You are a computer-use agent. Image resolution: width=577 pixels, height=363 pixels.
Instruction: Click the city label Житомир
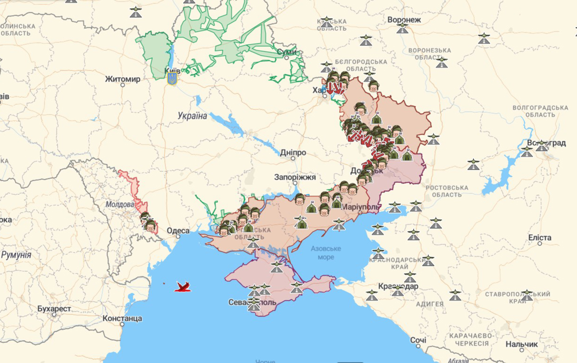[x=122, y=79]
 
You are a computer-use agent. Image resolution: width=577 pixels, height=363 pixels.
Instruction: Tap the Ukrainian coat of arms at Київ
[x=172, y=79]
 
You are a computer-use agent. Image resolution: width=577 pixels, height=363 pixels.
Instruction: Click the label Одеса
[x=178, y=231]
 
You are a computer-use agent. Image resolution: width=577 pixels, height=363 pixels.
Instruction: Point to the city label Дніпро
[x=293, y=153]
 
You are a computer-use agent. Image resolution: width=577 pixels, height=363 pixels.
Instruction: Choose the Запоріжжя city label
[x=295, y=177]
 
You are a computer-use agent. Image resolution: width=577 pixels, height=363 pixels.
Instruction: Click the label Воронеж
[x=404, y=20]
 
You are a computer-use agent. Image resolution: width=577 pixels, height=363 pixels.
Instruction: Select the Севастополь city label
[x=252, y=302]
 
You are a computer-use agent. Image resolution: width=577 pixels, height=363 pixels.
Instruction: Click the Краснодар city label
[x=398, y=286]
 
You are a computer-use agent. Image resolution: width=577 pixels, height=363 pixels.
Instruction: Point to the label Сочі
[x=418, y=340]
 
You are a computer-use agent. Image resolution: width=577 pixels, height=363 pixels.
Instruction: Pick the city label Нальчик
[x=522, y=344]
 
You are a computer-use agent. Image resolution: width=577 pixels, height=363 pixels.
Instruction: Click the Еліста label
[x=540, y=238]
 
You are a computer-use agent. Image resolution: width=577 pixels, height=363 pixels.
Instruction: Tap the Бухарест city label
[x=54, y=309]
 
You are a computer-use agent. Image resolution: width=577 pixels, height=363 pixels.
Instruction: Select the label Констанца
[x=122, y=318]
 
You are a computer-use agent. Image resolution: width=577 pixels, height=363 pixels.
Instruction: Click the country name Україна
[x=192, y=116]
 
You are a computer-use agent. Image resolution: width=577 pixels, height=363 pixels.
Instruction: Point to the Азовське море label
[x=326, y=253]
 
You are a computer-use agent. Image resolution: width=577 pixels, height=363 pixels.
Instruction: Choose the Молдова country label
[x=120, y=205]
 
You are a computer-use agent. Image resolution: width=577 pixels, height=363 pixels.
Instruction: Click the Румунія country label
[x=16, y=255]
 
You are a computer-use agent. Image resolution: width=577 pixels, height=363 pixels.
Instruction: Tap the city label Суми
[x=287, y=52]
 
